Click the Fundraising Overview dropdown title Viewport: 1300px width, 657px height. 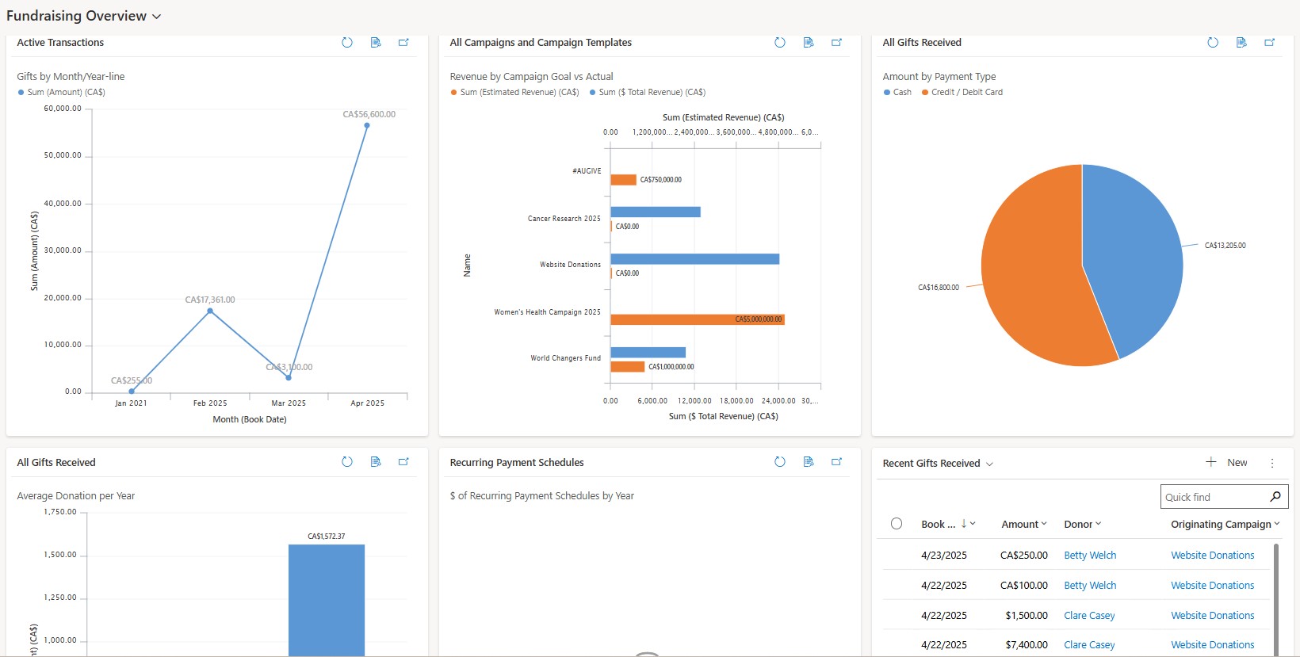(x=83, y=16)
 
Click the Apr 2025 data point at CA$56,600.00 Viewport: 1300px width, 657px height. (x=366, y=125)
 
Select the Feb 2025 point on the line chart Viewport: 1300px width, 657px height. (x=210, y=311)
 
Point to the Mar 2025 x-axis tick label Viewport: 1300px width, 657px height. (x=289, y=403)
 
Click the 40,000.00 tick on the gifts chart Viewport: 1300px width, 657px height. (x=63, y=204)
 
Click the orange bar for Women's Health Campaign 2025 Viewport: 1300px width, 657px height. (x=697, y=319)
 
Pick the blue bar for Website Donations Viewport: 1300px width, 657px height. (x=694, y=259)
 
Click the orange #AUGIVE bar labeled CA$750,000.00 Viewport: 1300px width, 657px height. (x=623, y=180)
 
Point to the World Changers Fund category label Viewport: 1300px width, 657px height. (x=565, y=358)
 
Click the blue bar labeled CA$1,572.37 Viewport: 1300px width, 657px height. (x=326, y=598)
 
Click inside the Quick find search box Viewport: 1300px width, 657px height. (x=1213, y=497)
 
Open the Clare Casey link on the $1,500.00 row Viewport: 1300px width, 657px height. (x=1089, y=616)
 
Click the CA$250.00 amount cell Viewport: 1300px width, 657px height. (x=1023, y=556)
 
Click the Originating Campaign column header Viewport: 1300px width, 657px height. (x=1221, y=525)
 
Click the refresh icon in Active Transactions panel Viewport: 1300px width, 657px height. (x=347, y=43)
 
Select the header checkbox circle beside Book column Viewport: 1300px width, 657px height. (x=897, y=524)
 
